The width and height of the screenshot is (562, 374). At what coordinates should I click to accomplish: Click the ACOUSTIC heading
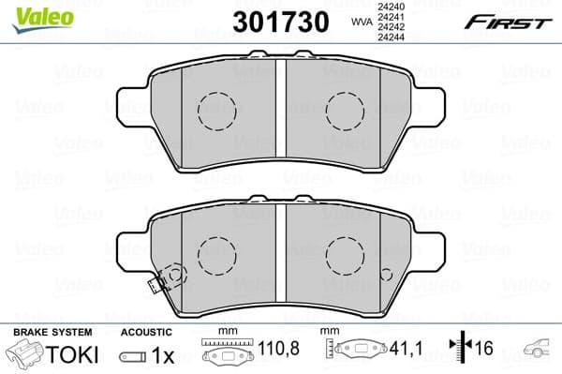[x=146, y=333]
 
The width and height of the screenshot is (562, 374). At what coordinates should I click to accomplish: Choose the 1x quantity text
[x=163, y=354]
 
